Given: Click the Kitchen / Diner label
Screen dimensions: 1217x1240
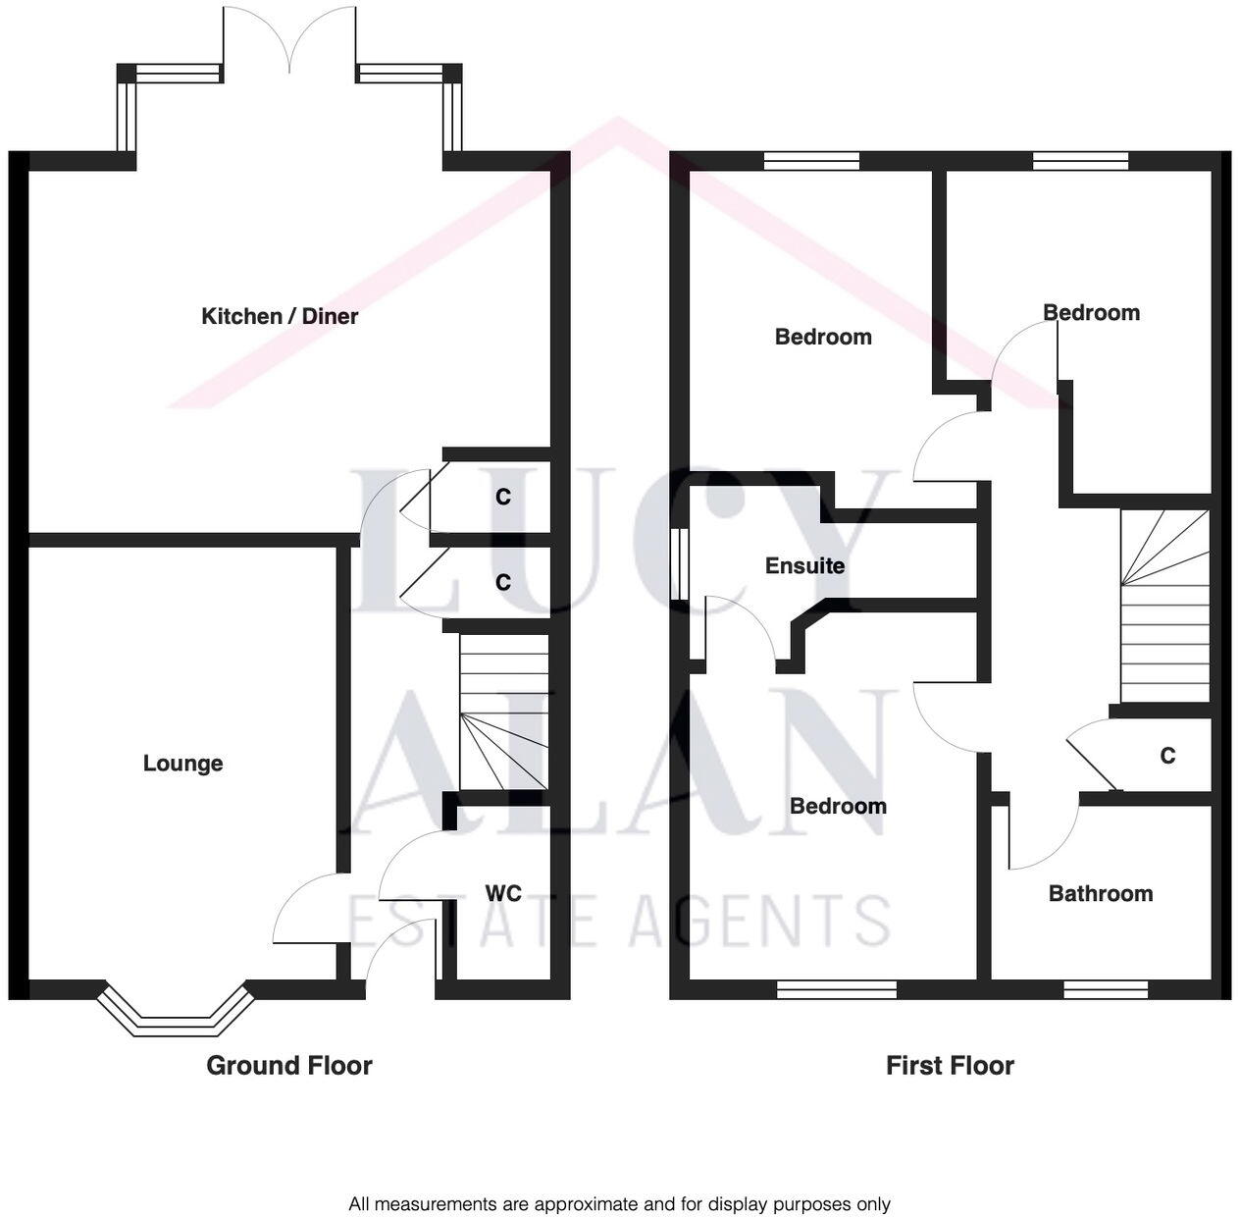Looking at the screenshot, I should pos(280,316).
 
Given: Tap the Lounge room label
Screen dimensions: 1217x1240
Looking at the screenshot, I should pos(182,764).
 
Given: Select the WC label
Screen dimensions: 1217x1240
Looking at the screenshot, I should pos(503,893).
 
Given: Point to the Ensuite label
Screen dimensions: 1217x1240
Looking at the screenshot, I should pos(804,566).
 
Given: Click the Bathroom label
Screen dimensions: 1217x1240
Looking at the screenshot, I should pos(1100,893).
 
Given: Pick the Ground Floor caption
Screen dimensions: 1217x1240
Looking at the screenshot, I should pos(289,1066).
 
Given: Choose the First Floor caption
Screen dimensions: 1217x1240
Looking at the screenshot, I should pos(950,1066).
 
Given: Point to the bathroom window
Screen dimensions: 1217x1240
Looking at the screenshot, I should pos(1105,990).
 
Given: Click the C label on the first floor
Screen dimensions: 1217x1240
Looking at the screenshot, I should pos(1167,757).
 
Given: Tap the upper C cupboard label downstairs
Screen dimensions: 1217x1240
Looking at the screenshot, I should pos(503,498).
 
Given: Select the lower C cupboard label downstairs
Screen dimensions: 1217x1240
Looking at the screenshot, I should pos(503,583).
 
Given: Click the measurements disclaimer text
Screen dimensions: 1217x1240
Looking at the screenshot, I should pos(619,1204).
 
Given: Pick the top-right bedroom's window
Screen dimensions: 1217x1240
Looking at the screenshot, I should pos(1080,161).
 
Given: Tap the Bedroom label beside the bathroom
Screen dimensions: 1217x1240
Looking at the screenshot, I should pos(838,807).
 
